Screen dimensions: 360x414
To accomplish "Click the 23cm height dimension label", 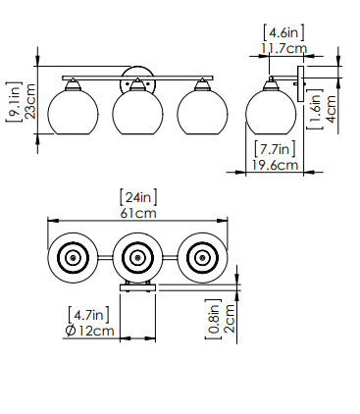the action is coord(30,101).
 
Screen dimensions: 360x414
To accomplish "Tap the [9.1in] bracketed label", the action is coord(14,102).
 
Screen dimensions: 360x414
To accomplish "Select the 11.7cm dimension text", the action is coord(283,49).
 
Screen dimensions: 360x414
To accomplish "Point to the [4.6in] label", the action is coord(283,32).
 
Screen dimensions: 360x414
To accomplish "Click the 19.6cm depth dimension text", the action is coord(275,165).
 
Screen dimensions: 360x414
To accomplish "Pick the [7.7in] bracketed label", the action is coord(275,149).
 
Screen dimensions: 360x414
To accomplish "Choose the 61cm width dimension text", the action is coord(138,213).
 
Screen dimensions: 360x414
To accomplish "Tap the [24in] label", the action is coord(138,197).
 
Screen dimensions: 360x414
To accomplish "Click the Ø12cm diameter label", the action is coord(89,331).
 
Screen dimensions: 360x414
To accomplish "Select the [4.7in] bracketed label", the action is coord(88,315).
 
